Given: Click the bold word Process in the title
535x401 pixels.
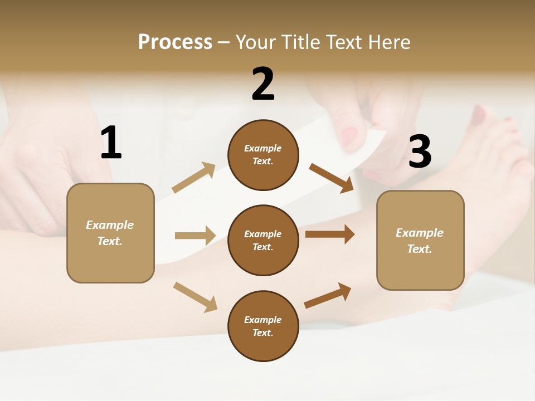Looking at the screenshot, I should pyautogui.click(x=175, y=42).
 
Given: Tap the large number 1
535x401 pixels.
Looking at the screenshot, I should pyautogui.click(x=111, y=143).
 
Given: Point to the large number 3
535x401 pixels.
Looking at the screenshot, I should pyautogui.click(x=420, y=151).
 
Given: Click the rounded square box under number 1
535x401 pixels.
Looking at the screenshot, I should pyautogui.click(x=110, y=233).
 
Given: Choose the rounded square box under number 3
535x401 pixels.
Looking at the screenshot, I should pyautogui.click(x=420, y=240).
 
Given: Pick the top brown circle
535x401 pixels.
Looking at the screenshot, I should pyautogui.click(x=263, y=155).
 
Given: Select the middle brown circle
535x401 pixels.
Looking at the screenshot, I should pyautogui.click(x=263, y=240).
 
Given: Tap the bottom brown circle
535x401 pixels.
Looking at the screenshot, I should pyautogui.click(x=263, y=326).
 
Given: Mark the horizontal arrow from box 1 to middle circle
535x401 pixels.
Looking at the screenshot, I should pyautogui.click(x=195, y=236).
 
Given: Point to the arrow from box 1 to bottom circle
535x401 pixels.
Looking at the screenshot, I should pyautogui.click(x=195, y=296).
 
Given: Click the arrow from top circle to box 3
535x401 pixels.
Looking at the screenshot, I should pyautogui.click(x=332, y=178).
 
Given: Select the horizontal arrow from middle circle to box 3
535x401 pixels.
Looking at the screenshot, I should pyautogui.click(x=329, y=234).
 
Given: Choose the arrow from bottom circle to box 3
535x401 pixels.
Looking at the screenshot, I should pyautogui.click(x=328, y=296).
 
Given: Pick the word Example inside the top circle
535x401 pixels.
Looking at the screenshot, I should pyautogui.click(x=263, y=148).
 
